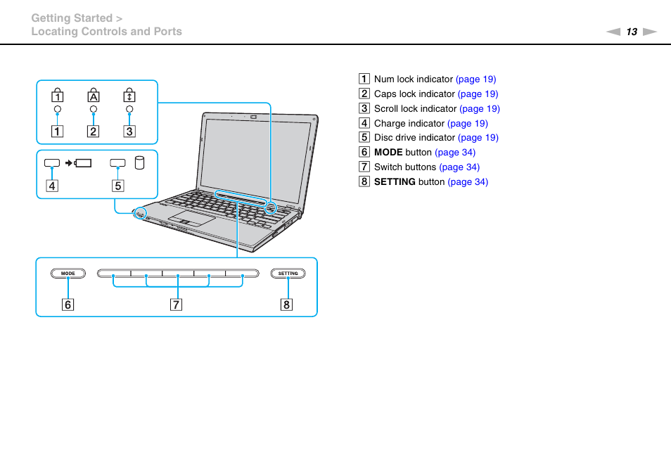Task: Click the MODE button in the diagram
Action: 68,274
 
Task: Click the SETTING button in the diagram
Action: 288,274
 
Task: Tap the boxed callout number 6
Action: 68,305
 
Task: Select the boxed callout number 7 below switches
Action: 176,305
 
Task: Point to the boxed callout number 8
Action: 287,305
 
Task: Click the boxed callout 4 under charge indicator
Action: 52,186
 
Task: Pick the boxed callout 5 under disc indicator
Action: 118,186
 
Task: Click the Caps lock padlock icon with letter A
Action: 94,95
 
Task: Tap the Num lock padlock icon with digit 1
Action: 58,95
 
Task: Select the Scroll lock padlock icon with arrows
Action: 129,95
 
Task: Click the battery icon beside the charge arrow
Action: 84,163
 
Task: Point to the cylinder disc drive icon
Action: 139,163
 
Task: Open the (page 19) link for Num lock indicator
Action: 475,79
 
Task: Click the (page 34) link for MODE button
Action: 455,153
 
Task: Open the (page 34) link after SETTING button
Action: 468,182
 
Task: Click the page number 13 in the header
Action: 632,32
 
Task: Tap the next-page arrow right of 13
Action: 649,32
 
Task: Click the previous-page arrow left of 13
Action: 614,32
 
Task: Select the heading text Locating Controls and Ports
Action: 106,32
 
